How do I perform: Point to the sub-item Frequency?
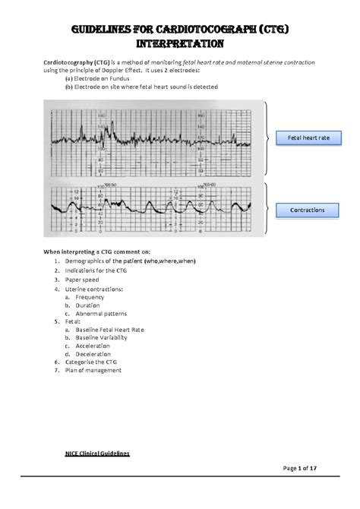(x=91, y=297)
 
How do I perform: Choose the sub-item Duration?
(x=89, y=305)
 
